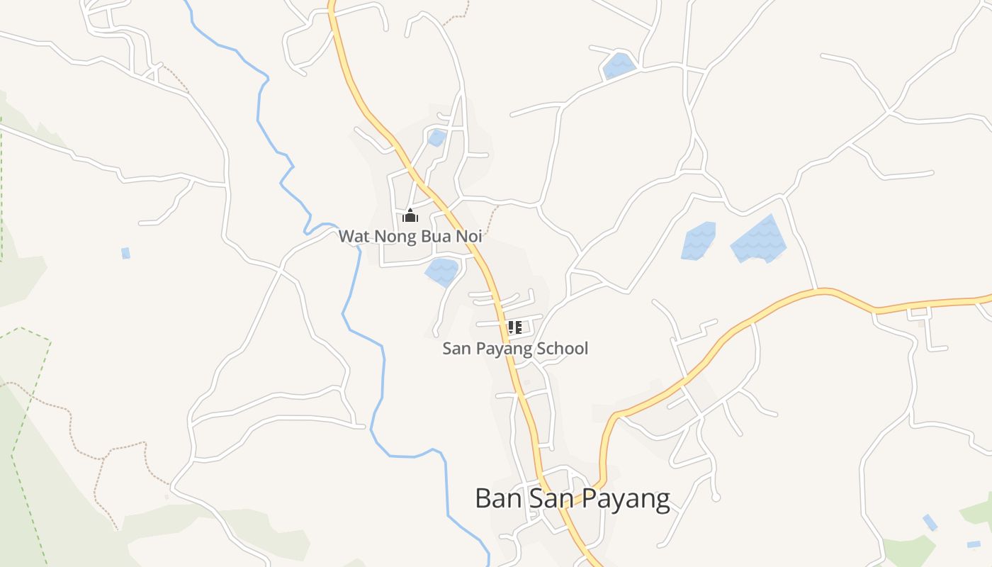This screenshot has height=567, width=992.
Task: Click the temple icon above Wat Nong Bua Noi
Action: [410, 216]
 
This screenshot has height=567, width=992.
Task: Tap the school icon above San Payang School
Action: [515, 327]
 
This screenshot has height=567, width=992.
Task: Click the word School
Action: [562, 349]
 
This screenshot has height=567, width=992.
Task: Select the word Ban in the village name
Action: [493, 498]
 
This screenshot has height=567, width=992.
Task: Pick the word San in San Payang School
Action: [456, 349]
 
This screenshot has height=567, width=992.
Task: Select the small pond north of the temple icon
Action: [437, 137]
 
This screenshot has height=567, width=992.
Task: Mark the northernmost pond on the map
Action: [619, 66]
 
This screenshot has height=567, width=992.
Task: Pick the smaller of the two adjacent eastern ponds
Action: [699, 241]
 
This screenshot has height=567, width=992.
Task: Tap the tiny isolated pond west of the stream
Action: [125, 253]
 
